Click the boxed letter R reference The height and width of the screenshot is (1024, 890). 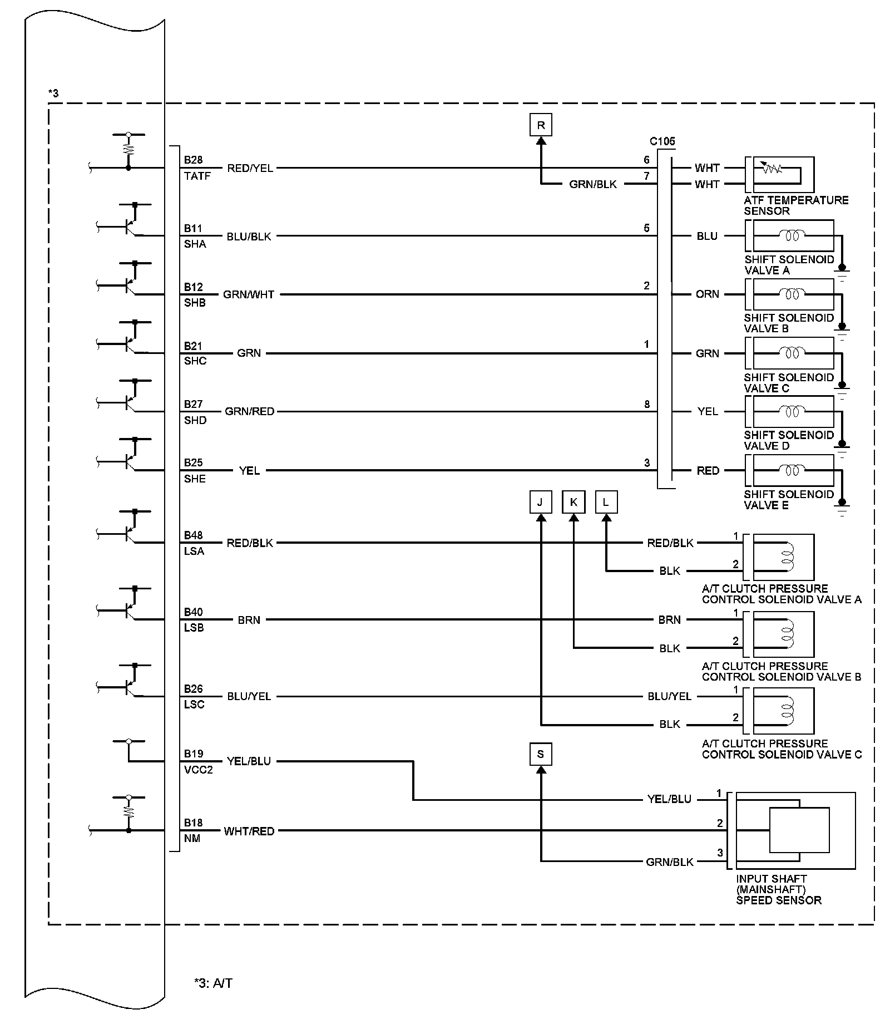pos(541,125)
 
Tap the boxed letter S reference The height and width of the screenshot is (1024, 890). pos(541,755)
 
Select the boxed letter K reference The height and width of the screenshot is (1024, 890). pos(573,503)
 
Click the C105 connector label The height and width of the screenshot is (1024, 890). pos(662,141)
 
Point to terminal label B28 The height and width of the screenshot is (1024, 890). pos(193,160)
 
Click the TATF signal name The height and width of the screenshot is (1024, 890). pos(197,176)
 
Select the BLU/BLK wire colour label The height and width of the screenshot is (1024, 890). pos(249,237)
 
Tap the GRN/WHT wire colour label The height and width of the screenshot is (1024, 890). pos(249,294)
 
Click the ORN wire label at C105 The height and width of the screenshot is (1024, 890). pos(707,294)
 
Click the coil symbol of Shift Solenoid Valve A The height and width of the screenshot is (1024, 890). pos(792,236)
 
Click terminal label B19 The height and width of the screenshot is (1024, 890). pos(194,754)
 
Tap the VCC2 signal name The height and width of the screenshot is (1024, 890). pos(199,770)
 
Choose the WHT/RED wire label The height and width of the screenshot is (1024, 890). pos(249,831)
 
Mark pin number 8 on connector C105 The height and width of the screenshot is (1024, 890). pos(647,405)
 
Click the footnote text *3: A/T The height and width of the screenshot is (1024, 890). pos(213,983)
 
